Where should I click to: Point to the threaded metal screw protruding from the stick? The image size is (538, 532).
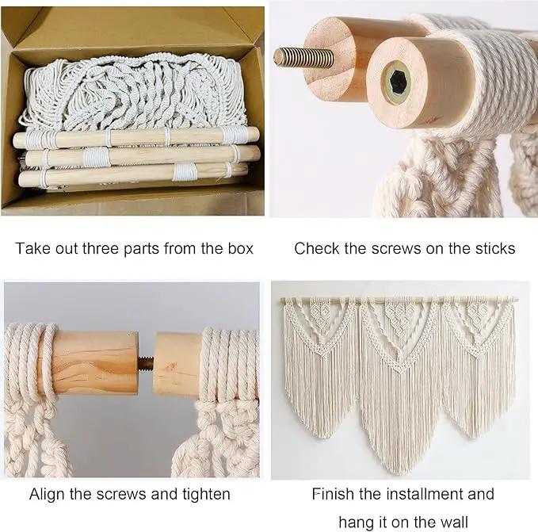[303, 57]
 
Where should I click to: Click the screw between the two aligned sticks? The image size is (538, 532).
[146, 362]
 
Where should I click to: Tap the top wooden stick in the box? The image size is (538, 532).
[135, 136]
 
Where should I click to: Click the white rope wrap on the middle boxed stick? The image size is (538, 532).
[97, 157]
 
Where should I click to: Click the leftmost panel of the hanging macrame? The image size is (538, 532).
[321, 364]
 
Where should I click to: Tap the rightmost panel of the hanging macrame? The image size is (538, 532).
[478, 364]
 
